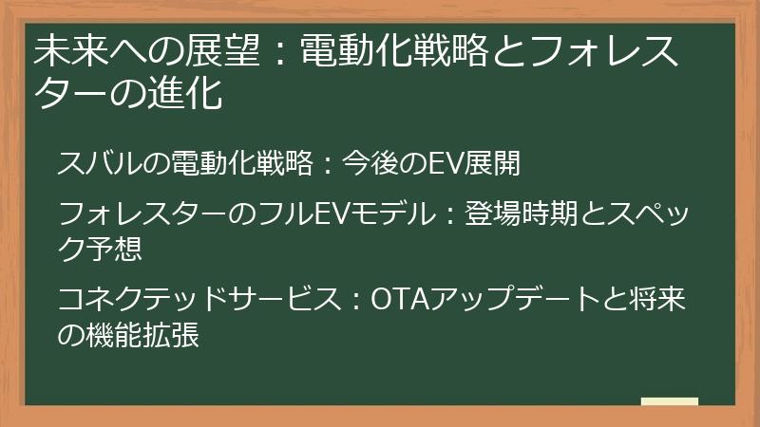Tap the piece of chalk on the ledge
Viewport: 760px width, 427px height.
click(x=670, y=402)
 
